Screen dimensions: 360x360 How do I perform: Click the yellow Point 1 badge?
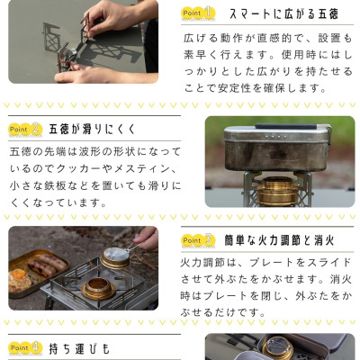tap(198, 13)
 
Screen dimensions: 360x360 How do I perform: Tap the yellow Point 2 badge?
tap(25, 130)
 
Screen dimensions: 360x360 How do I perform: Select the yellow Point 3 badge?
tap(198, 240)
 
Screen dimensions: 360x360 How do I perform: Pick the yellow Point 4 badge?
tap(25, 348)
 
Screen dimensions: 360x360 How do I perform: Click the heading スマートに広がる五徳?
tap(283, 13)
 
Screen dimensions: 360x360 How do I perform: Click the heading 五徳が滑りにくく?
tap(93, 130)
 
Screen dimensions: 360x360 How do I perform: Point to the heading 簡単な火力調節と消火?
tap(279, 240)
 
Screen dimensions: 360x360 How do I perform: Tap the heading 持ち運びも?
tap(80, 348)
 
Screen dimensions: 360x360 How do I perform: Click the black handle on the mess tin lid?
tap(286, 126)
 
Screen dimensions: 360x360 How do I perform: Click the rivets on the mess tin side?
tap(274, 137)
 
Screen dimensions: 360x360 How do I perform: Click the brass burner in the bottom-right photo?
tap(278, 348)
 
